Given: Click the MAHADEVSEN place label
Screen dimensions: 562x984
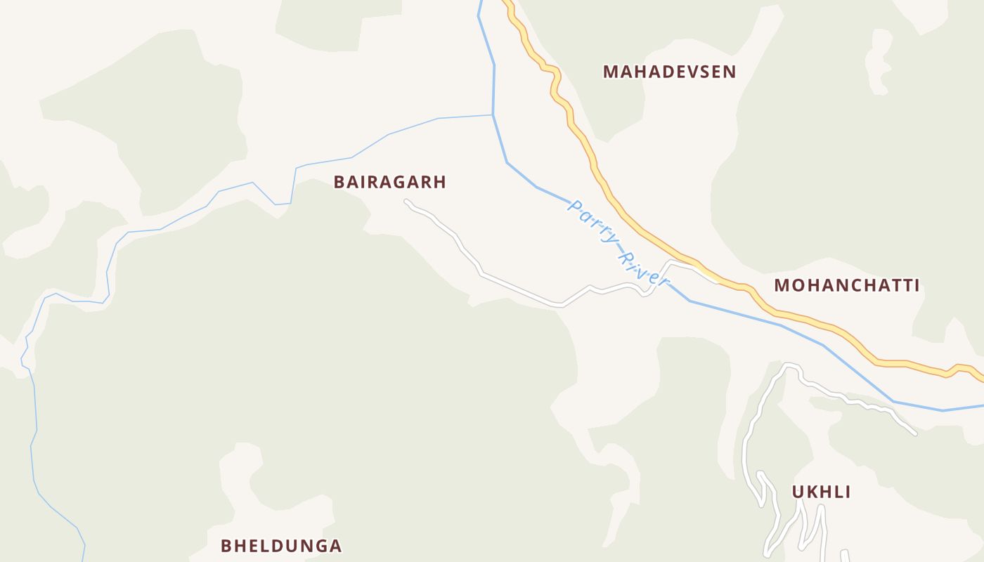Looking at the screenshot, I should point(669,72).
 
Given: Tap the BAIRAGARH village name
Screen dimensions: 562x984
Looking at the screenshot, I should point(389,183).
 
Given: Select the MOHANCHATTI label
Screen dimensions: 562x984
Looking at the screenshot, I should point(846,285).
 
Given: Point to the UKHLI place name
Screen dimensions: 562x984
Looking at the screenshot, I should point(821,492).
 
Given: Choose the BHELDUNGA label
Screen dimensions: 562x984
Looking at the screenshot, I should point(281,546).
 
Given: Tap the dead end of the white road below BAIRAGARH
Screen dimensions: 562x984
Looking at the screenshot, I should point(406,202).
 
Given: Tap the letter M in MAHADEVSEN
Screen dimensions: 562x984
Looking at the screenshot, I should point(609,72).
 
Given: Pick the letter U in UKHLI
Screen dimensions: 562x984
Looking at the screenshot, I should point(798,492).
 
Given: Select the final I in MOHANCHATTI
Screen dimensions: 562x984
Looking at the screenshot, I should point(916,285).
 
